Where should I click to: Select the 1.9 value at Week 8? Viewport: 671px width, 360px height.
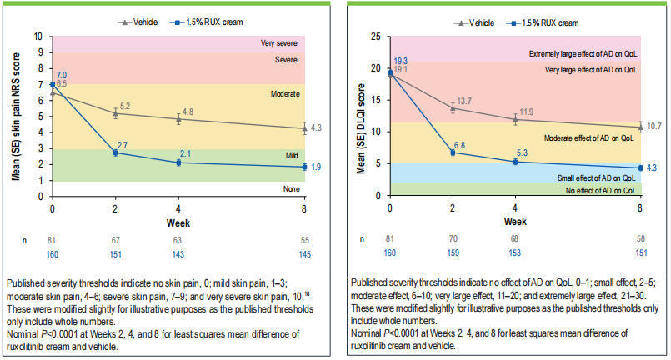(318, 167)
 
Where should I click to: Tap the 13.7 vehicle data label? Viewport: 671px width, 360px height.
(463, 101)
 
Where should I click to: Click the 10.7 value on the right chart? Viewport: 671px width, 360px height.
(653, 125)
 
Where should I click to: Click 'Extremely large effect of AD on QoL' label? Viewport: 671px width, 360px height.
(582, 54)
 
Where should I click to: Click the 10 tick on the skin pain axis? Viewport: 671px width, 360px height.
(36, 37)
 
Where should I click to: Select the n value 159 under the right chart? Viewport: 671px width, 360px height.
(453, 252)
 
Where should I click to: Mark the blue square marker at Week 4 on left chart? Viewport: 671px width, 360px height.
(178, 162)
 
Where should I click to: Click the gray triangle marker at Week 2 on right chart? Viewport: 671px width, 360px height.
(453, 108)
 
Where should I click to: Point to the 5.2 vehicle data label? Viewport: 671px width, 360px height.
(125, 107)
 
